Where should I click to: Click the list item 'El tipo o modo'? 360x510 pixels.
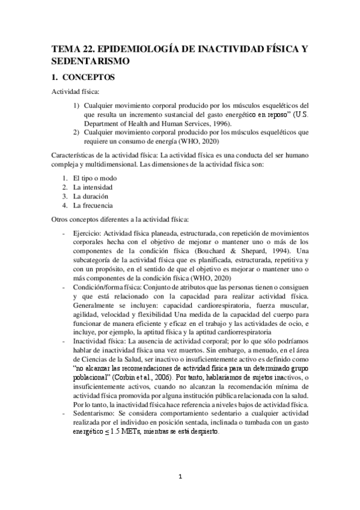[94, 178]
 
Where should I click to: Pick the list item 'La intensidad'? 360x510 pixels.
[93, 187]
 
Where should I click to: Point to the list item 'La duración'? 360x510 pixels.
[91, 196]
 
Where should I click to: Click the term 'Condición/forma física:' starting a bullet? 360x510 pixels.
[105, 288]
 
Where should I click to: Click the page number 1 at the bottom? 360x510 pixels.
[180, 478]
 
